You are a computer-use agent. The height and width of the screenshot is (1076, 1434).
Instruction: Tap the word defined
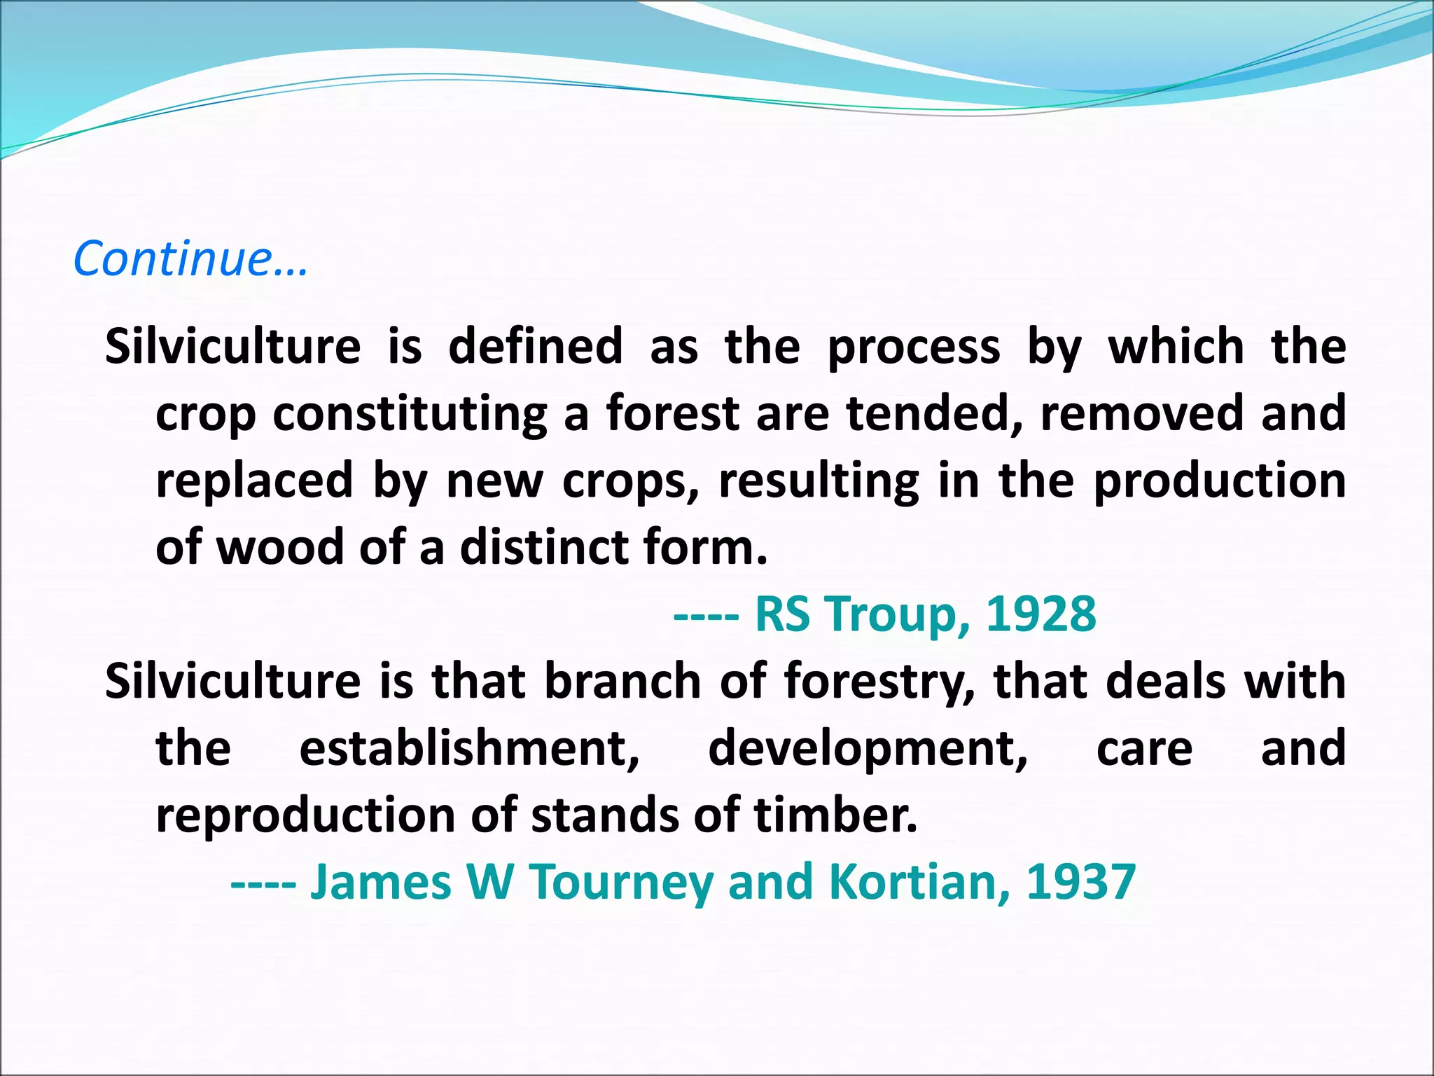tap(535, 346)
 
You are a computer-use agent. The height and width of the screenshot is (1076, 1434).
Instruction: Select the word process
tap(914, 347)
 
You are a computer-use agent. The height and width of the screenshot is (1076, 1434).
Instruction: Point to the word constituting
tap(410, 413)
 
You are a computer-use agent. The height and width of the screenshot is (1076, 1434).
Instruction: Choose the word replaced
tap(254, 481)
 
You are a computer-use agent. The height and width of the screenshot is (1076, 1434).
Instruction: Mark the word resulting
tap(819, 482)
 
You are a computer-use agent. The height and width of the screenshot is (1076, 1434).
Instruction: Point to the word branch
tap(622, 681)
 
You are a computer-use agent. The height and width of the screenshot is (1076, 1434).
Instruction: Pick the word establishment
tap(469, 748)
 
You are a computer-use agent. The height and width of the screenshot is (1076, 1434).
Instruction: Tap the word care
tap(1144, 748)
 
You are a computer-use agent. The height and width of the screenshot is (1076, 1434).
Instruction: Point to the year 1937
tap(1080, 882)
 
